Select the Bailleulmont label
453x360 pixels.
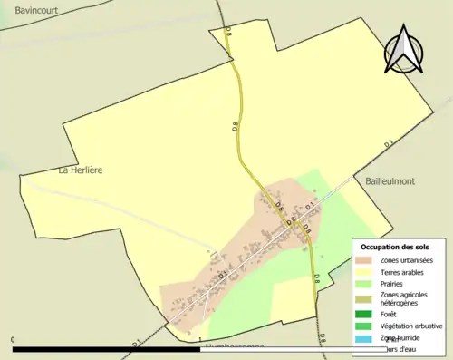(390, 181)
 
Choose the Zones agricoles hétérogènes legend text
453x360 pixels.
(405, 298)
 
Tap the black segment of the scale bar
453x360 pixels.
(106, 348)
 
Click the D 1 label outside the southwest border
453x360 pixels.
(136, 343)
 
